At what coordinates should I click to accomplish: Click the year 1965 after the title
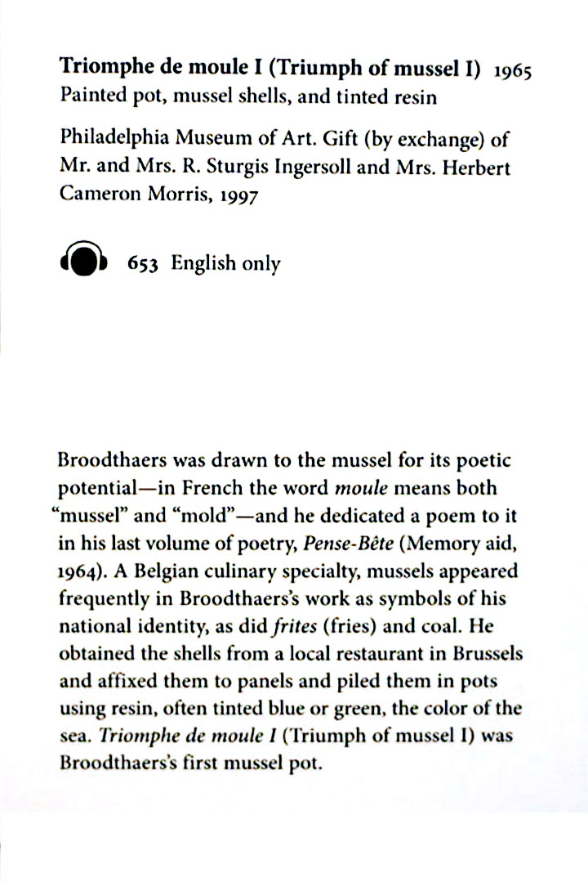(511, 71)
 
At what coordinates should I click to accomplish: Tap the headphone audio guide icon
(83, 262)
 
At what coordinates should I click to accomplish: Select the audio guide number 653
(142, 264)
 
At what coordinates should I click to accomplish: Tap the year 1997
(237, 197)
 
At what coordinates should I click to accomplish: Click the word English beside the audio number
(203, 264)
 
